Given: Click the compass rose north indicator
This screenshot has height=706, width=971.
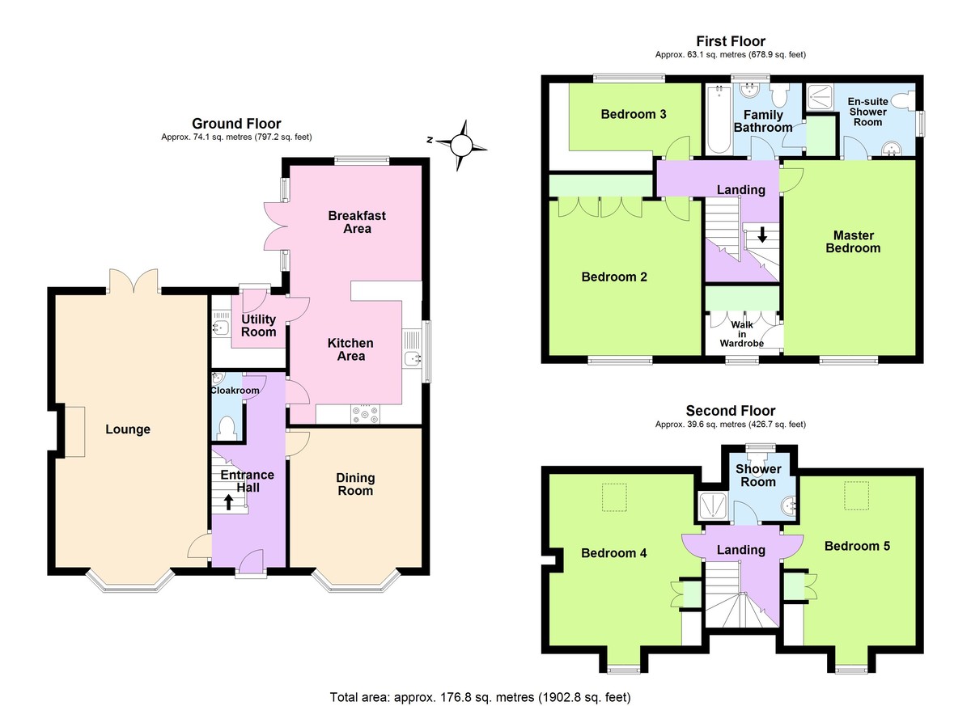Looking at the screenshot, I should point(460,146).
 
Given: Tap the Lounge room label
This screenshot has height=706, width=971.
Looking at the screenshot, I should point(128,429).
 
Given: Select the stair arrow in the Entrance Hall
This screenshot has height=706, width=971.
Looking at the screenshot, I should point(228,502).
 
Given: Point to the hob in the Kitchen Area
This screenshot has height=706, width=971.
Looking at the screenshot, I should point(364,414).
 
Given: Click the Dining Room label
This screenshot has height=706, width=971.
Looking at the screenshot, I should point(355,484).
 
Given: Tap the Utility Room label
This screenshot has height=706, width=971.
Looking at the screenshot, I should point(259,325).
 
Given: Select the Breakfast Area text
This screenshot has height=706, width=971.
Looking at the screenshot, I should point(357,222).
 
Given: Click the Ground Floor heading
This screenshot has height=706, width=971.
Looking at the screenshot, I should point(236,124).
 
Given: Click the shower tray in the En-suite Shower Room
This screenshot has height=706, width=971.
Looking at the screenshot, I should point(821,97).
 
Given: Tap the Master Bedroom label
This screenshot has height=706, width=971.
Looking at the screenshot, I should point(853,241).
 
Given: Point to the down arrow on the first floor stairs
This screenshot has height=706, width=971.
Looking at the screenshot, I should point(762,235).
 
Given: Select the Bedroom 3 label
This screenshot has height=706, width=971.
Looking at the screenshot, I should point(633,114).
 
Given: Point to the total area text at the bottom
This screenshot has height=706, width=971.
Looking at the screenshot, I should point(480,696).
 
